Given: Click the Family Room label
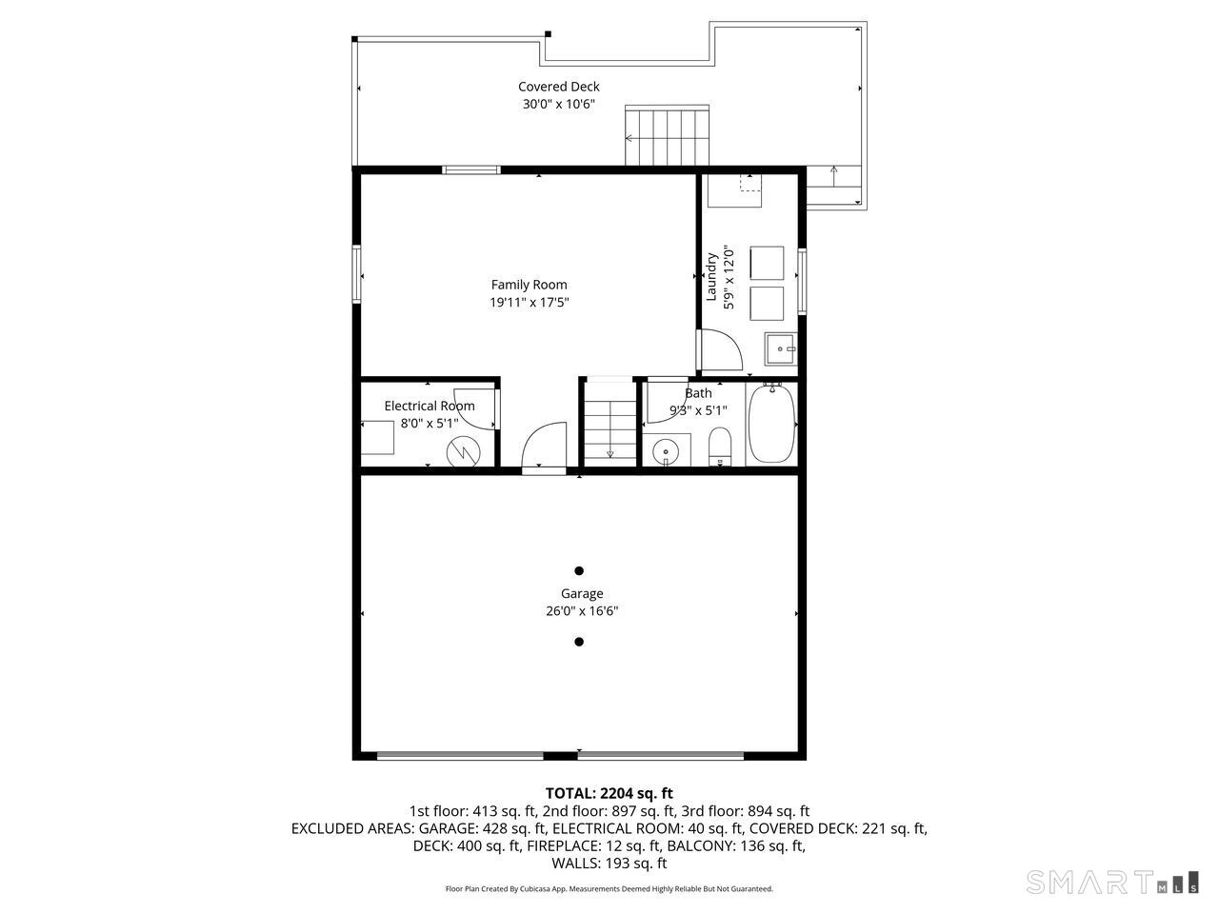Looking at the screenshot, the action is coord(529,285).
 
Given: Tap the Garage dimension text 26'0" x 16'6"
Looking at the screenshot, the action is coord(582,611).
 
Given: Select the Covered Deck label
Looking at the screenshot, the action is coord(559,87).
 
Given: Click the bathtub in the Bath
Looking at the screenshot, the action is coord(771,424).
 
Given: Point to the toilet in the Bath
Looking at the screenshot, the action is coord(720,447).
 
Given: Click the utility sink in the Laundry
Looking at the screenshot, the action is coord(781,348).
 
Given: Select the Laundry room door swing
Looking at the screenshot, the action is coord(721,349).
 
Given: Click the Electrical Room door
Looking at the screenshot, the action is coord(476,409).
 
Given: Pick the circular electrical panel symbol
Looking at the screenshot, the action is coord(463,451).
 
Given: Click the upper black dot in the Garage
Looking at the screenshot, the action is coord(579,571).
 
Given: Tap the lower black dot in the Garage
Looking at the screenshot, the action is coord(579,642).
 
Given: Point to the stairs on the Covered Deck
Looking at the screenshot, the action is coord(667,135).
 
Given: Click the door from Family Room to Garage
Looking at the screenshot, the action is coord(544,447).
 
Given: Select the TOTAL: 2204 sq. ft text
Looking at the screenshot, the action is coord(609,793).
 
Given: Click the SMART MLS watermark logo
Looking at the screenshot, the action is coord(1111,883).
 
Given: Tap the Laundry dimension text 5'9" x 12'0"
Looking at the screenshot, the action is coord(729,278).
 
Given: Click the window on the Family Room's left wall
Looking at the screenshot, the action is coord(356,274).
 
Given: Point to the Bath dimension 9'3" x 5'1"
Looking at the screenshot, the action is coord(698,410).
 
